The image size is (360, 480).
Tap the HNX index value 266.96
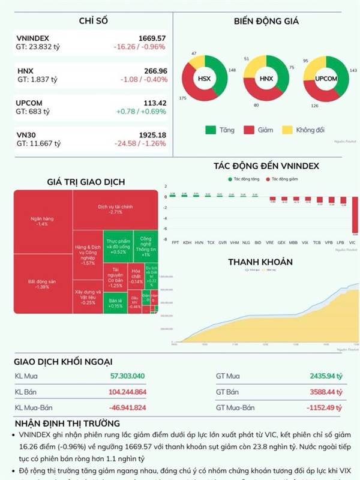[x=152, y=71]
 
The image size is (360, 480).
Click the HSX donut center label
[x=205, y=79]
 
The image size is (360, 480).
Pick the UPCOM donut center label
[x=325, y=79]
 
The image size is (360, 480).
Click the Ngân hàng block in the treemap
[x=42, y=220]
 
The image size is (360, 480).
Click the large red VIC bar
[x=355, y=217]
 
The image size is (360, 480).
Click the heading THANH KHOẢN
[x=260, y=262]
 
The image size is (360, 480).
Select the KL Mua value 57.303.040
[x=128, y=376]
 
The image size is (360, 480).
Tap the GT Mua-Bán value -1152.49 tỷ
[x=323, y=407]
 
